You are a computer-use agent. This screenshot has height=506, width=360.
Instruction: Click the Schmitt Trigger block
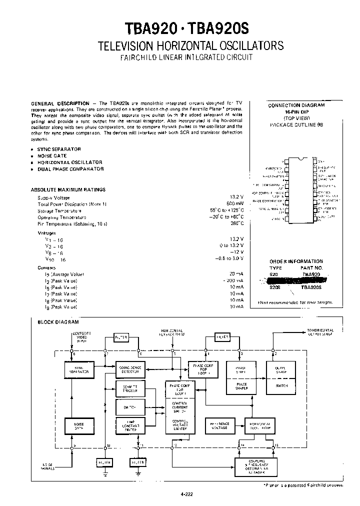pyautogui.click(x=129, y=388)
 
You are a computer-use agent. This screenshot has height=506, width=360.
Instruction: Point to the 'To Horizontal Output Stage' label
pyautogui.click(x=324, y=332)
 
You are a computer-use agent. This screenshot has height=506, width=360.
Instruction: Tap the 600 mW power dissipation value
pyautogui.click(x=234, y=204)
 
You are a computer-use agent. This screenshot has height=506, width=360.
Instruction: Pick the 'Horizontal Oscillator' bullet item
pyautogui.click(x=69, y=162)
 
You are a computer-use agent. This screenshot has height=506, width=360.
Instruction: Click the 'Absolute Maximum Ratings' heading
pyautogui.click(x=68, y=190)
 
